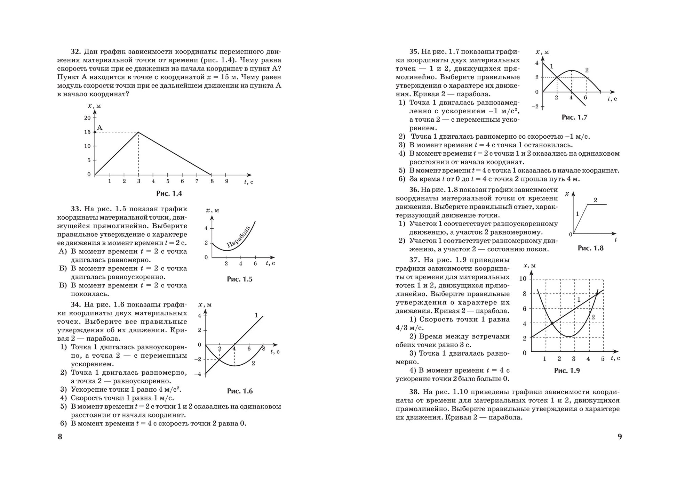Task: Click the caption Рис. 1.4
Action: (169, 194)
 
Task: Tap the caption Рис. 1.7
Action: (574, 117)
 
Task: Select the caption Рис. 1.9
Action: (567, 371)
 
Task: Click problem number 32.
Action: (76, 52)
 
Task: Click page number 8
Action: (60, 437)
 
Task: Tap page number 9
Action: (619, 437)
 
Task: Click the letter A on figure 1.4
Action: (99, 128)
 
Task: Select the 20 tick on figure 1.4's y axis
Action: (87, 118)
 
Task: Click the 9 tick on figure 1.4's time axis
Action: (226, 181)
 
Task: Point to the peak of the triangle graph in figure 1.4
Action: (138, 132)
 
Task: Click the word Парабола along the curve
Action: (238, 237)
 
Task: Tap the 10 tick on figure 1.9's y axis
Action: (523, 279)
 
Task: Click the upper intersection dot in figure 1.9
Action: (597, 294)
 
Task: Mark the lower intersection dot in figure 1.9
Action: (552, 323)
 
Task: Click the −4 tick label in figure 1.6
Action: (198, 374)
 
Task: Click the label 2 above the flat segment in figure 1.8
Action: (595, 200)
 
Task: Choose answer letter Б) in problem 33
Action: (63, 269)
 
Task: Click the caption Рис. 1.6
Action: (240, 391)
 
